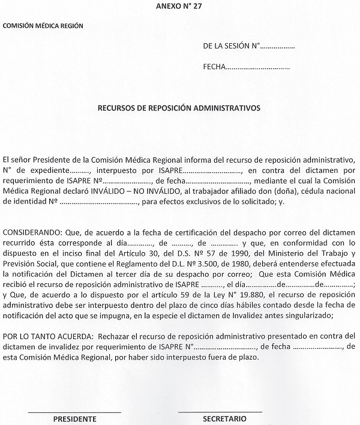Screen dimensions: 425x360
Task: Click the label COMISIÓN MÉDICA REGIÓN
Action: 43,26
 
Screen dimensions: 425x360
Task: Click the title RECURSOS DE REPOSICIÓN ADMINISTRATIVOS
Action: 179,109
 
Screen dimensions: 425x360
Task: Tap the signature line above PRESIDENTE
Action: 74,411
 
